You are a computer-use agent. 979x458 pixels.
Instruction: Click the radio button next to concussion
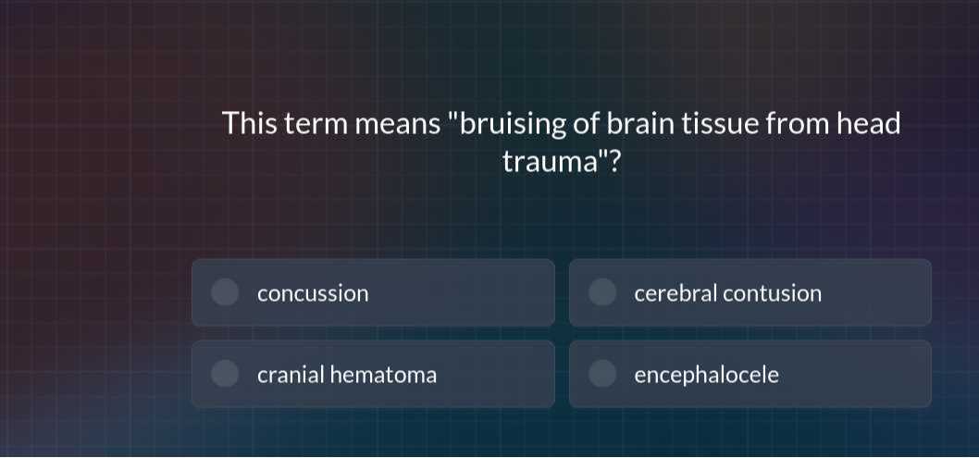(224, 292)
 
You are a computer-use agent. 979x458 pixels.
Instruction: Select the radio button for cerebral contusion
(602, 292)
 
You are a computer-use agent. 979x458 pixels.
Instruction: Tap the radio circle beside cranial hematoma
(224, 374)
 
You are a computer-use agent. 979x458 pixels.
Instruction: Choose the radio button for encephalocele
(602, 374)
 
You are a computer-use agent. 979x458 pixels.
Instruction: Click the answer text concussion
(313, 294)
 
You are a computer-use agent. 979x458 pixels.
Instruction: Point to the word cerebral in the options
(675, 293)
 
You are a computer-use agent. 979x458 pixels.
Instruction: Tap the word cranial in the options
(291, 375)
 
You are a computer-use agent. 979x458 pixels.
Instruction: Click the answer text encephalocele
(706, 375)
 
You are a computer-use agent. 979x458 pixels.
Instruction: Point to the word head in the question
(868, 123)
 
